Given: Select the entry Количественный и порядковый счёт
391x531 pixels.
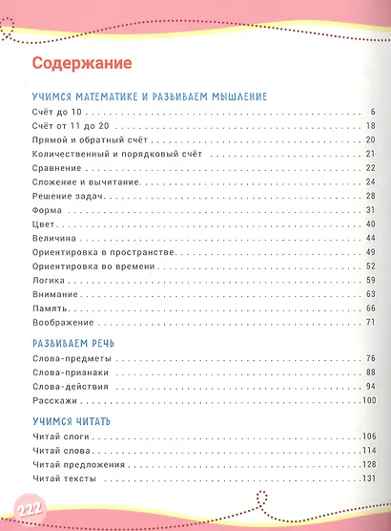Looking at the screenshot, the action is (x=111, y=154).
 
